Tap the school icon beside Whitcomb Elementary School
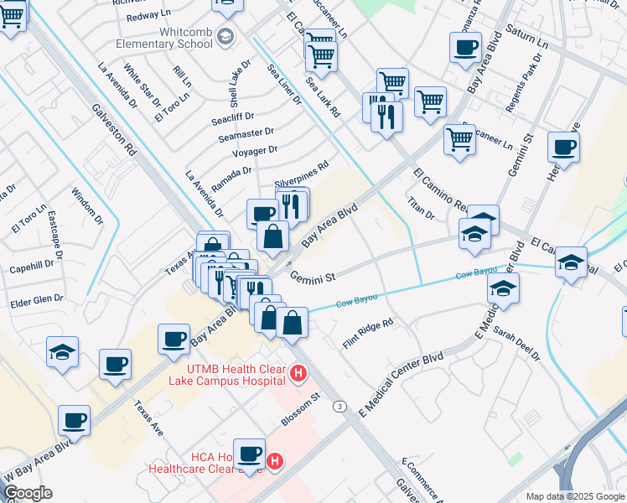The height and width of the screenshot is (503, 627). pyautogui.click(x=225, y=36)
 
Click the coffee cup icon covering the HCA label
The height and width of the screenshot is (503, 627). pyautogui.click(x=249, y=454)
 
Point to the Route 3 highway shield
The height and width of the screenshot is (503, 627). pyautogui.click(x=339, y=407)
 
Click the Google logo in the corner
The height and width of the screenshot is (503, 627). pyautogui.click(x=28, y=492)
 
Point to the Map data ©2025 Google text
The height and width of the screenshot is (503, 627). pyautogui.click(x=574, y=496)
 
